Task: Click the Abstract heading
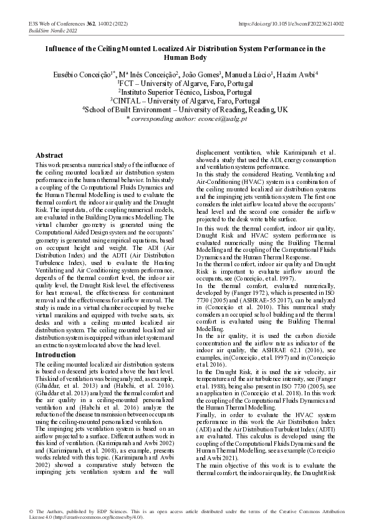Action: click(x=49, y=155)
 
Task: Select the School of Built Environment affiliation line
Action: click(x=185, y=108)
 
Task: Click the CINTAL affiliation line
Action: click(x=185, y=100)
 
